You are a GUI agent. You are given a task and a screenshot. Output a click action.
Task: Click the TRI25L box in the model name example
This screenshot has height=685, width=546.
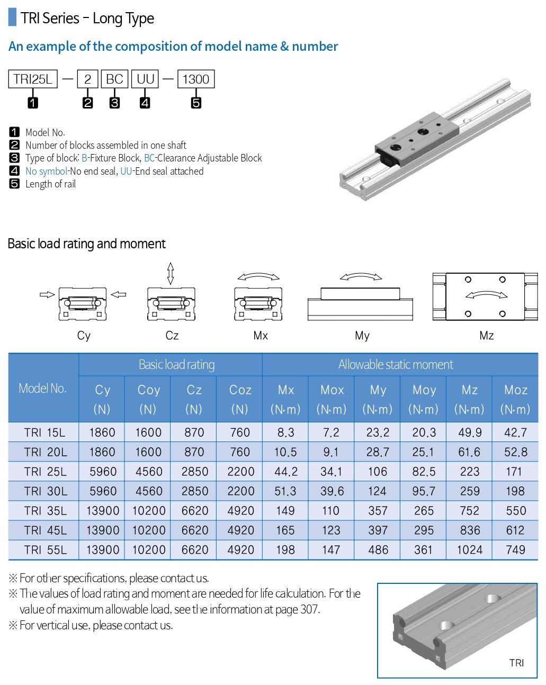tap(33, 79)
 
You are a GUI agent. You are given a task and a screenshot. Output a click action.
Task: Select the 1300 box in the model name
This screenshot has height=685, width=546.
tap(195, 79)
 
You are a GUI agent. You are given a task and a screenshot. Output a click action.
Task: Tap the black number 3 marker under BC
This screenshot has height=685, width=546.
tap(115, 103)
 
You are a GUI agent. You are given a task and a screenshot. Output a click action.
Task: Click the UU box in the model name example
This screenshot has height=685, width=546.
tap(145, 79)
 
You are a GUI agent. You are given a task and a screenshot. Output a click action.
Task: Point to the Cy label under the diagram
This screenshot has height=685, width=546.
tap(84, 336)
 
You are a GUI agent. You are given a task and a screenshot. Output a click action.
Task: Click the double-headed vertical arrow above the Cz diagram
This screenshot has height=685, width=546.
tap(171, 274)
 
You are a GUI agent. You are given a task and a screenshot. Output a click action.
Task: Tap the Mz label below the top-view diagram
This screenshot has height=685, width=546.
tap(487, 336)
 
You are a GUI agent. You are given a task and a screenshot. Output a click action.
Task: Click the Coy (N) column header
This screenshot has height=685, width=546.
tap(148, 399)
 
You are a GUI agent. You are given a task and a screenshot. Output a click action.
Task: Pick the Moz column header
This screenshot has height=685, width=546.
tap(515, 399)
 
